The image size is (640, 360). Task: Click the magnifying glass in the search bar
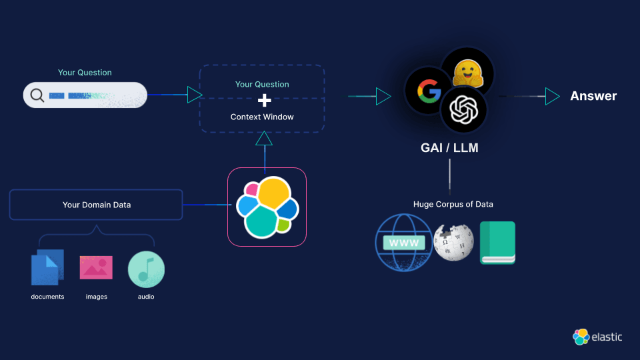pos(37,95)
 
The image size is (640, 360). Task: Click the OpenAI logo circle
pos(463,109)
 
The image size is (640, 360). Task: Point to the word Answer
pos(593,96)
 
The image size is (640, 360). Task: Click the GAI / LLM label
pos(449,147)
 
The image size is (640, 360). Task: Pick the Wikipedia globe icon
pos(453,241)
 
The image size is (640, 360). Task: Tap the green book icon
pos(497,243)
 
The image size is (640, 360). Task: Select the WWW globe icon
pos(403,243)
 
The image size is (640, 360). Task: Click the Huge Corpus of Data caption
pos(453,204)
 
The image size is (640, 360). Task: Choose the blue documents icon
pos(47,267)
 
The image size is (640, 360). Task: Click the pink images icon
pos(96,267)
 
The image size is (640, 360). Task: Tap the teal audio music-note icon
pos(146,269)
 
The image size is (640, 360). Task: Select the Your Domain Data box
pos(96,205)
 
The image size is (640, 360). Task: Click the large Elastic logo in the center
pos(267,207)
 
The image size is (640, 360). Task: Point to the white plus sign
pos(264,101)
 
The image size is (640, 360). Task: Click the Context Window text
pos(262,117)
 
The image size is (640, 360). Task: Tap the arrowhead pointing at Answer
pos(552,96)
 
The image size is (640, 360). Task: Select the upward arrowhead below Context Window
pos(264,138)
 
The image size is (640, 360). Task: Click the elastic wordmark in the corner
pos(606,337)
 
